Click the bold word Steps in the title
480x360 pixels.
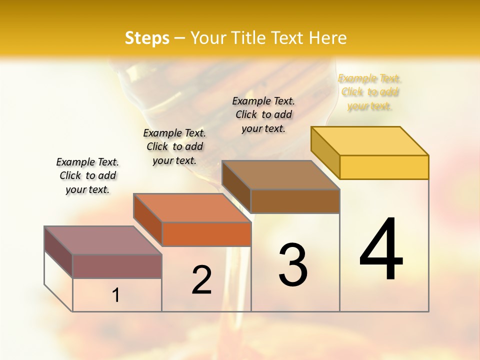click(147, 38)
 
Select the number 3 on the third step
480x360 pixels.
click(293, 265)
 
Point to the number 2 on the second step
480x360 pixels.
click(202, 280)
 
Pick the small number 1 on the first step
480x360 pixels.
click(116, 295)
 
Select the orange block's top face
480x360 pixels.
click(192, 207)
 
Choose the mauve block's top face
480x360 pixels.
click(103, 240)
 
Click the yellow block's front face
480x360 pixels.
click(384, 167)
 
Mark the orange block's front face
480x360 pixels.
click(206, 234)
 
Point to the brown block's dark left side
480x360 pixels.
click(236, 187)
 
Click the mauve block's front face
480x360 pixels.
click(117, 266)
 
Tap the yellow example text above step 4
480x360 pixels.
click(370, 92)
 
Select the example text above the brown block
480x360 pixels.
click(264, 114)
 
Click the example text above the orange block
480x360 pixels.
click(174, 146)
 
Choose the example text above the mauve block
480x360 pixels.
click(87, 175)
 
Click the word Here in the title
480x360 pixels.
click(328, 38)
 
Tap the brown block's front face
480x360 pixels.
click(295, 201)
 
